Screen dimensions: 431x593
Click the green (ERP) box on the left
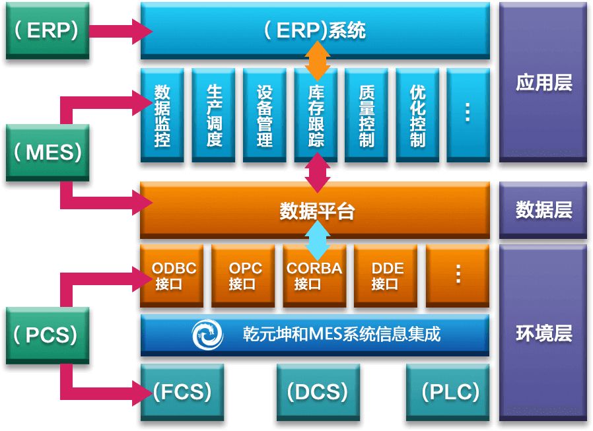[48, 31]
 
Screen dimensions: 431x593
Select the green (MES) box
[48, 152]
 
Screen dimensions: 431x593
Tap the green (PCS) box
[48, 335]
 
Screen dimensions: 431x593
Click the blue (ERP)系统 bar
[315, 31]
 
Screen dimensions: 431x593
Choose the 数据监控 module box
[162, 115]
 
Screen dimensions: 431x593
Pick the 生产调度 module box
[214, 115]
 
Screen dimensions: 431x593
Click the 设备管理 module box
[265, 115]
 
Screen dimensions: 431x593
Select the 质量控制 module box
[367, 115]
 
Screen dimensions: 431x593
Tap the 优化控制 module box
[418, 115]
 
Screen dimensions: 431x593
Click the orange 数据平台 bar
[315, 211]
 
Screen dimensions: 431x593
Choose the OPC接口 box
[244, 276]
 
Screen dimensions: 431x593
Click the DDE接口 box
[386, 276]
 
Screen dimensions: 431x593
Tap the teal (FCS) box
[182, 393]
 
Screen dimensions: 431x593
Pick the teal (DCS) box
[317, 393]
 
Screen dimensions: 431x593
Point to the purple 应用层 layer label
[543, 83]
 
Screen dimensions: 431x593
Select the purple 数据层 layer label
[543, 211]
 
